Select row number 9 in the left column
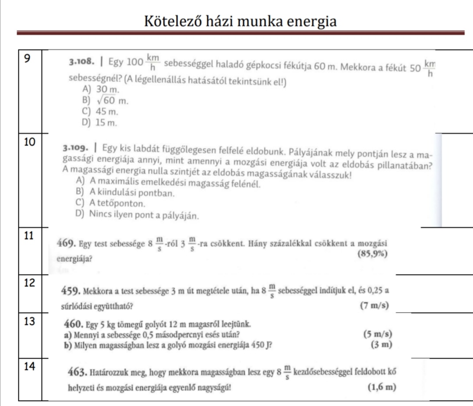[x=27, y=59]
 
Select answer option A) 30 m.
[x=100, y=89]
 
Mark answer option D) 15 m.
[x=99, y=123]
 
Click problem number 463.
[x=77, y=373]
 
